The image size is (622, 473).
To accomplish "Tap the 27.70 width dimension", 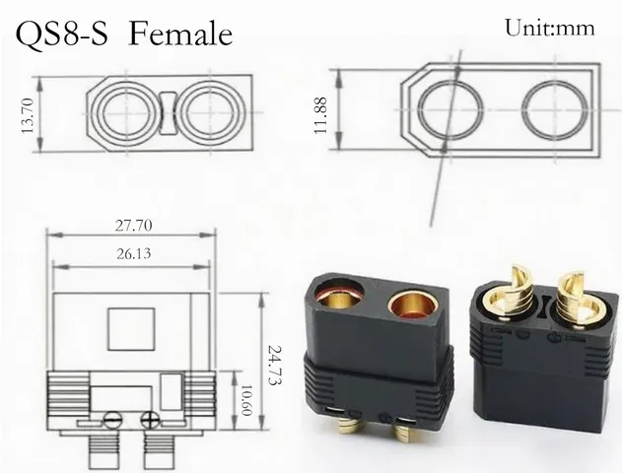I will click(x=132, y=226).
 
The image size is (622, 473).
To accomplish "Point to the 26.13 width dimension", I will click(x=132, y=253).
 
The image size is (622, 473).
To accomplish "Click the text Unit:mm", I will click(x=549, y=29).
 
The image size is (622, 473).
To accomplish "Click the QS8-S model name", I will click(x=61, y=34).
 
